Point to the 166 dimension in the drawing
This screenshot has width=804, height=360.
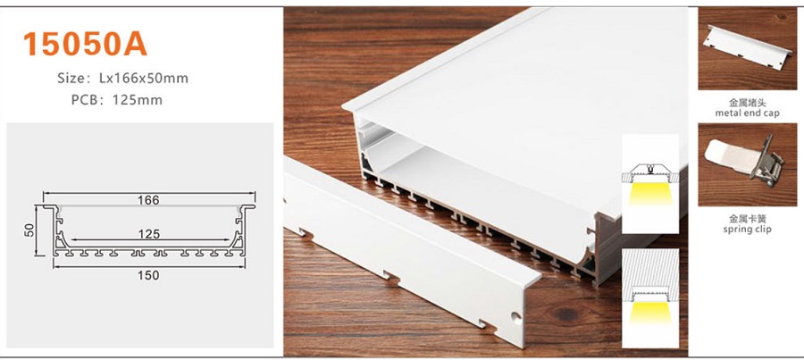click(x=149, y=199)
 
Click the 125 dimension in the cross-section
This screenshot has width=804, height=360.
click(x=149, y=233)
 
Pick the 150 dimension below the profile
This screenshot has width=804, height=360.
click(x=149, y=275)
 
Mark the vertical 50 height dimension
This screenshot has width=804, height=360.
click(x=29, y=230)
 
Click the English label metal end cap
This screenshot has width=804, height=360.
click(x=747, y=113)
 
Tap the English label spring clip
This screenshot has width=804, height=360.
click(x=747, y=230)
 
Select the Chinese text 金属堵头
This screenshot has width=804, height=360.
click(x=747, y=103)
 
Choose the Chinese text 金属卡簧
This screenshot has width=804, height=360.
click(x=747, y=219)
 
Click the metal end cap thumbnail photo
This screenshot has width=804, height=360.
click(x=747, y=49)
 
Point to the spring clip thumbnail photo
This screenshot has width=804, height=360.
click(x=747, y=165)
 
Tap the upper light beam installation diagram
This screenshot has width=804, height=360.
click(x=649, y=183)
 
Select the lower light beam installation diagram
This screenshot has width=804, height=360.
click(x=649, y=290)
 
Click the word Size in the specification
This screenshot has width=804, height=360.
click(x=71, y=79)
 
